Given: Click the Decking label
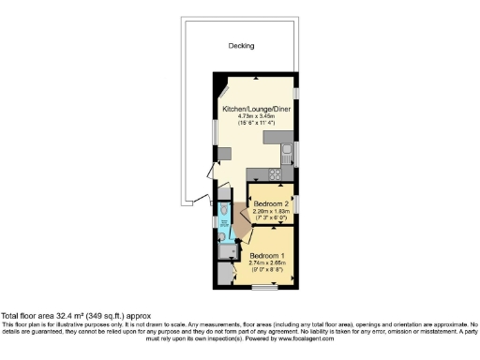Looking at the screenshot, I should point(242,45).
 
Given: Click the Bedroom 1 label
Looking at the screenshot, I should point(266,255).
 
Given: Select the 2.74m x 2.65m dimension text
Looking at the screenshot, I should point(266,262).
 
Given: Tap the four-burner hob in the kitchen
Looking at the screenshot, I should point(278,173).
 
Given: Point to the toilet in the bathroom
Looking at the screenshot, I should point(224,226).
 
